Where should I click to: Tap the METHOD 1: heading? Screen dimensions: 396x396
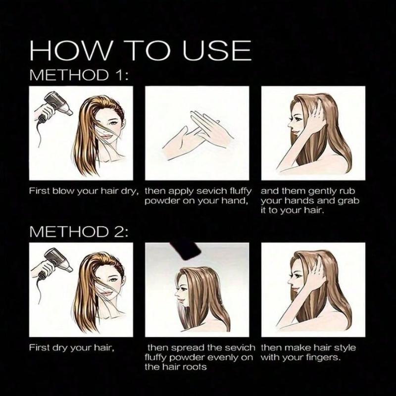tap(80, 75)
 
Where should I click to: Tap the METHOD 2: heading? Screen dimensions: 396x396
tap(80, 231)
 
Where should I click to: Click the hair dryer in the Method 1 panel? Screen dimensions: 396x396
tap(53, 106)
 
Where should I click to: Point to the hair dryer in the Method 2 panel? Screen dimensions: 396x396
tap(53, 262)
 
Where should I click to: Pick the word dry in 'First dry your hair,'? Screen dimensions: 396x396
tap(58, 347)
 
